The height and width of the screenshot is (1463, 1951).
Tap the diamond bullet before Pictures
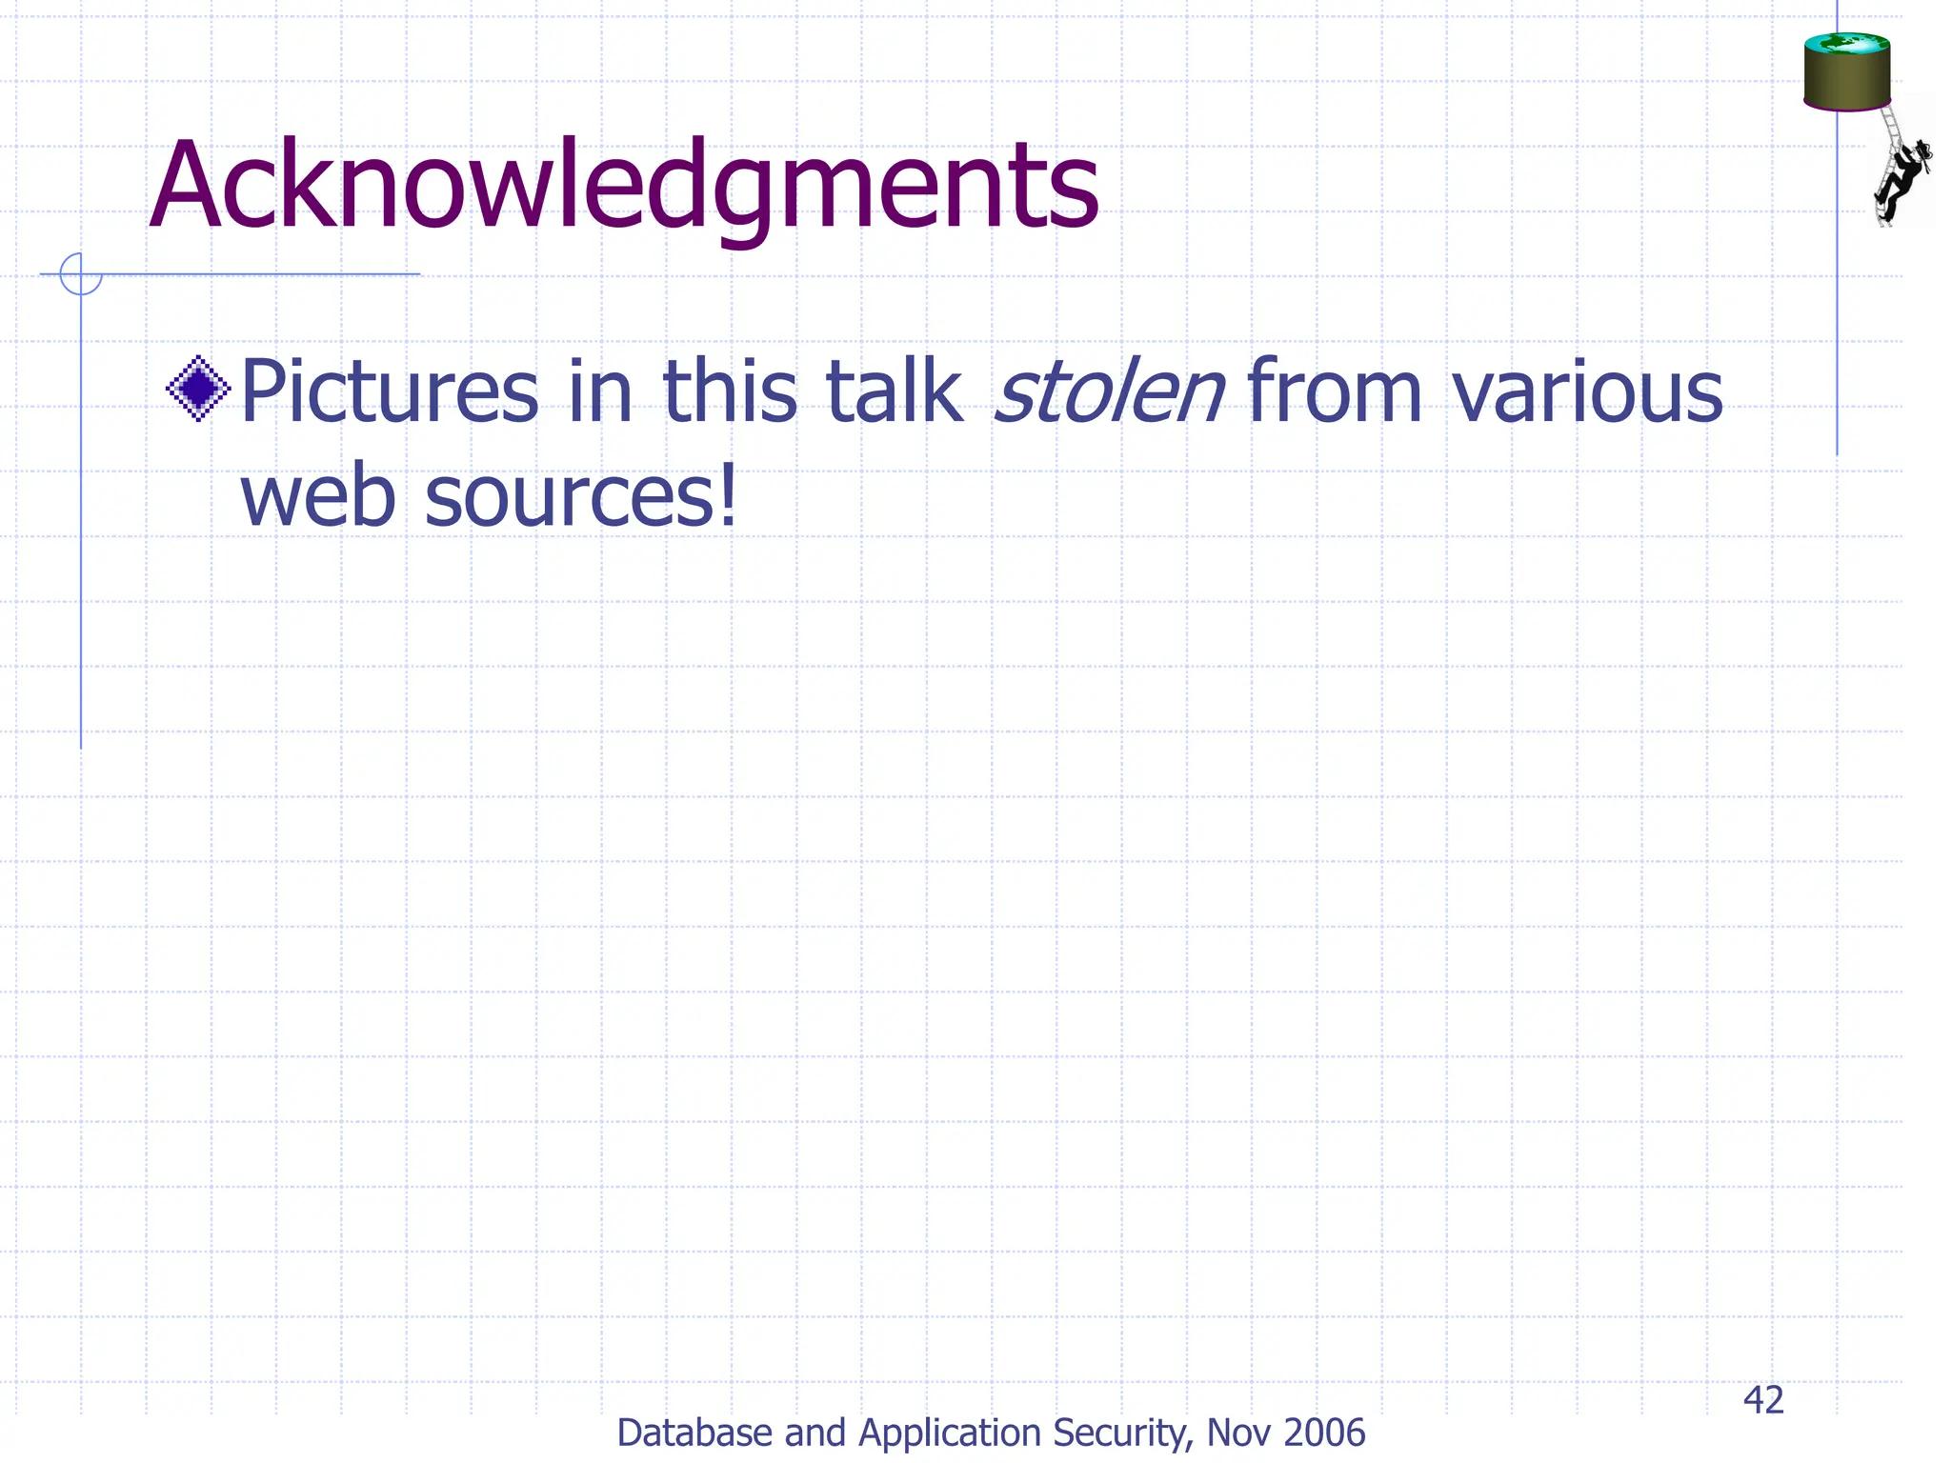(x=198, y=389)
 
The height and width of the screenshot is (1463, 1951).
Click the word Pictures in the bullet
(x=390, y=393)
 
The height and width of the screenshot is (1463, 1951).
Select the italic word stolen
(x=1108, y=391)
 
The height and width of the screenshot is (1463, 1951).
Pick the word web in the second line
(x=317, y=496)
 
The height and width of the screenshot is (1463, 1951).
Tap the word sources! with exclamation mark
(x=581, y=496)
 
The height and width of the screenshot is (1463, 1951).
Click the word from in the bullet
(x=1334, y=391)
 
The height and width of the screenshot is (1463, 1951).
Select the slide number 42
(x=1763, y=1400)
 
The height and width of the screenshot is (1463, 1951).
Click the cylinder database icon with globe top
(x=1846, y=71)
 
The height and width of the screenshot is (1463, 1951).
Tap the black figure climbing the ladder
(x=1903, y=177)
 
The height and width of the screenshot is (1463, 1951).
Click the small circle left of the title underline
(x=80, y=274)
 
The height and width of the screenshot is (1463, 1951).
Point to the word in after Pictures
(x=600, y=391)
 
